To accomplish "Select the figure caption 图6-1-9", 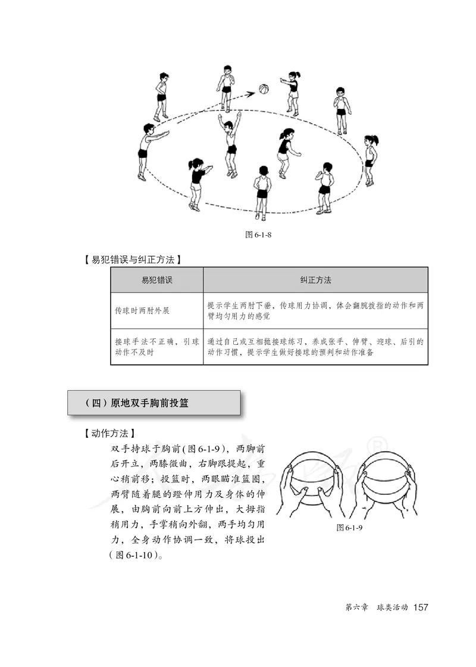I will (x=349, y=528).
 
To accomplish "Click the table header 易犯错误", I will (x=156, y=279).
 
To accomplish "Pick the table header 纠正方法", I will (x=315, y=279).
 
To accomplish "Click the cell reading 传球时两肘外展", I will (x=142, y=310).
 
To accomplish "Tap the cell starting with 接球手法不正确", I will (x=156, y=347).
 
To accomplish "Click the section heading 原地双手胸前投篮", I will (x=154, y=403).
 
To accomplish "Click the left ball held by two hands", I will (x=315, y=481).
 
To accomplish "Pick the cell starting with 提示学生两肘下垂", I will (x=315, y=310).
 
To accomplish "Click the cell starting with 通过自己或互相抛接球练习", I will (x=315, y=347).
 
